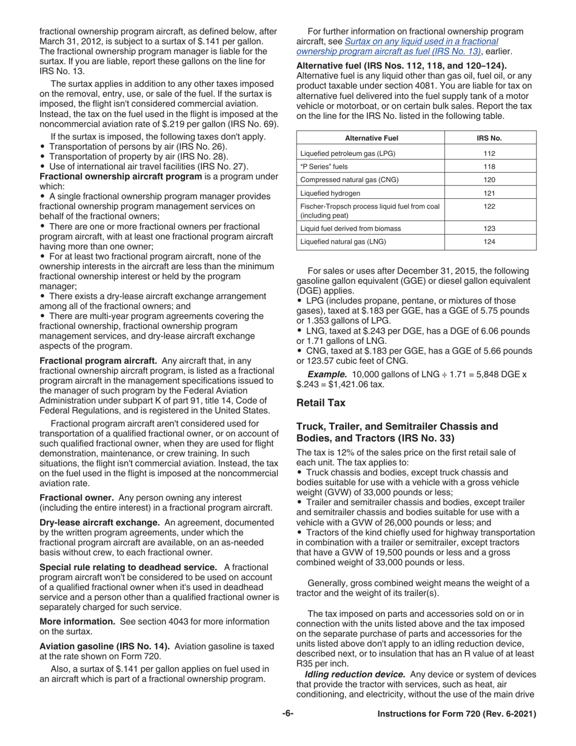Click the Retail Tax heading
pyautogui.click(x=321, y=402)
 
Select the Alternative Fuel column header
pyautogui.click(x=370, y=138)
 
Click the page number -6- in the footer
pyautogui.click(x=288, y=714)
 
